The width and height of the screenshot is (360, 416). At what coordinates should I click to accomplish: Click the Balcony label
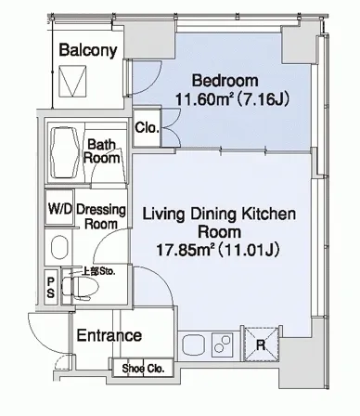click(88, 50)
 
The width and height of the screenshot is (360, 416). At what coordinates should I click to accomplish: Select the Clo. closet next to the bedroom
click(147, 127)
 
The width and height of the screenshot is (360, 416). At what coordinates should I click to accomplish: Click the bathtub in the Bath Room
click(65, 153)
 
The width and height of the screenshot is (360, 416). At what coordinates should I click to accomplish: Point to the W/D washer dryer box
click(59, 207)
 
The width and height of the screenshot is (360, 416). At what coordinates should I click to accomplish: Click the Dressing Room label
click(101, 216)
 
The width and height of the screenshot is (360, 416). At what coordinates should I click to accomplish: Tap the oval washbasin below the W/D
click(59, 247)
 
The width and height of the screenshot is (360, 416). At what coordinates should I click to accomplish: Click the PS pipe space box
click(51, 288)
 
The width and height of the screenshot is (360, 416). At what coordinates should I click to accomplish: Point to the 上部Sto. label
click(98, 271)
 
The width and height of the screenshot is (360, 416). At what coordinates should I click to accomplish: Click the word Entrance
click(109, 335)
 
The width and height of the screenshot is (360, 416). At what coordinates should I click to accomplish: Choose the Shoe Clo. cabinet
click(143, 368)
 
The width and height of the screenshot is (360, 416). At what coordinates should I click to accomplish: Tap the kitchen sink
click(194, 345)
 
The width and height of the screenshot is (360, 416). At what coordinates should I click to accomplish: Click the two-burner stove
click(223, 344)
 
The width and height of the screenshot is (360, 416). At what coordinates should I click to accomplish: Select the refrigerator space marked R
click(262, 344)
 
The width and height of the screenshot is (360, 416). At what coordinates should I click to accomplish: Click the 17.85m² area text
click(186, 250)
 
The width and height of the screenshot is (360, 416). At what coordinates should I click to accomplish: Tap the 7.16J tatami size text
click(263, 99)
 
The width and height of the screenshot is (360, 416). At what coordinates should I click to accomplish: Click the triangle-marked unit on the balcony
click(72, 82)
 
